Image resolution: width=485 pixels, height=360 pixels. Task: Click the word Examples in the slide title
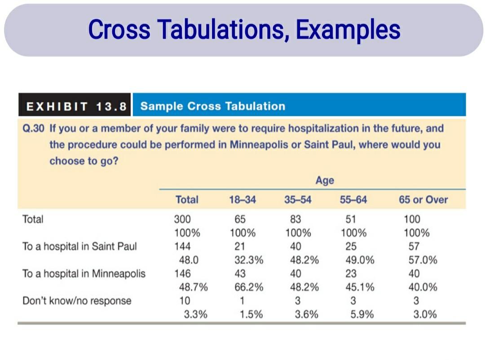pos(348,30)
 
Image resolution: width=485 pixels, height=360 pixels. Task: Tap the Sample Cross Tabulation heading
pos(212,106)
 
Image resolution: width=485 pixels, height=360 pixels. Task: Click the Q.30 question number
pos(33,128)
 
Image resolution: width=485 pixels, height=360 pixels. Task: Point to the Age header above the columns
pos(324,180)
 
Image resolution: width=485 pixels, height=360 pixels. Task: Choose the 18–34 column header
pos(242,200)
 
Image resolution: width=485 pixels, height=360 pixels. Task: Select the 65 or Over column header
pos(423,200)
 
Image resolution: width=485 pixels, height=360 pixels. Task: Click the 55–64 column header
pos(353,200)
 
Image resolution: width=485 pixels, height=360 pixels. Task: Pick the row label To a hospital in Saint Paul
pos(79,246)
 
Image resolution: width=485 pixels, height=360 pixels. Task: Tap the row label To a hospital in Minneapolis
pos(84,273)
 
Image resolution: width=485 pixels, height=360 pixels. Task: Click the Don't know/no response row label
pos(77,300)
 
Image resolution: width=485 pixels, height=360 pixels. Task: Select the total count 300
pos(182,220)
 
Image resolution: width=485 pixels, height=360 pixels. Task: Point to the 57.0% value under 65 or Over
pos(423,260)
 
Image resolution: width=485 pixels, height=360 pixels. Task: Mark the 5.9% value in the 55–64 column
pos(362,314)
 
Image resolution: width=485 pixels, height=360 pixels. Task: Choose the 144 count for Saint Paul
pos(182,246)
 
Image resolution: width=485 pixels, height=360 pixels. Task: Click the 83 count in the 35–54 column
pos(295,220)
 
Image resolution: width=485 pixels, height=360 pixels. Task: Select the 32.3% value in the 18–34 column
pos(249,260)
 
